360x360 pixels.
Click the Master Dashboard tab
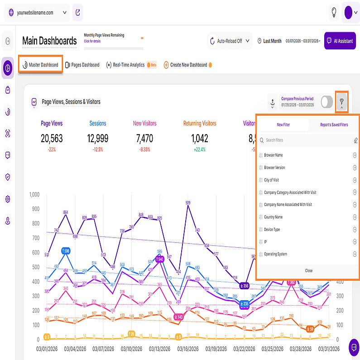coord(41,65)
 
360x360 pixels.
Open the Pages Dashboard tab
coord(82,65)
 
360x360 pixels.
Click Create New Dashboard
coord(188,65)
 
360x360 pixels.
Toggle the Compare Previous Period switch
coord(326,102)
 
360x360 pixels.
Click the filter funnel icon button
coord(341,102)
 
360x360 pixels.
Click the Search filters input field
coord(306,140)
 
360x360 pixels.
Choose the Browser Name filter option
coord(274,155)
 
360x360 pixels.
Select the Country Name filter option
coord(273,217)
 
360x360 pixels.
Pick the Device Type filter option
coord(272,230)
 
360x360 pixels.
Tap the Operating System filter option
coord(275,254)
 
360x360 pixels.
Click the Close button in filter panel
coord(308,270)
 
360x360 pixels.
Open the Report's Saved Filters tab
coord(334,125)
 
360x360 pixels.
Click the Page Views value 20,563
coord(52,138)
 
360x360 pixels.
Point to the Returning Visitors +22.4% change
coord(199,149)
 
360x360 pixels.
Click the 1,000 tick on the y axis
coord(34,194)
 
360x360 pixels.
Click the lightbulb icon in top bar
coord(334,12)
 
